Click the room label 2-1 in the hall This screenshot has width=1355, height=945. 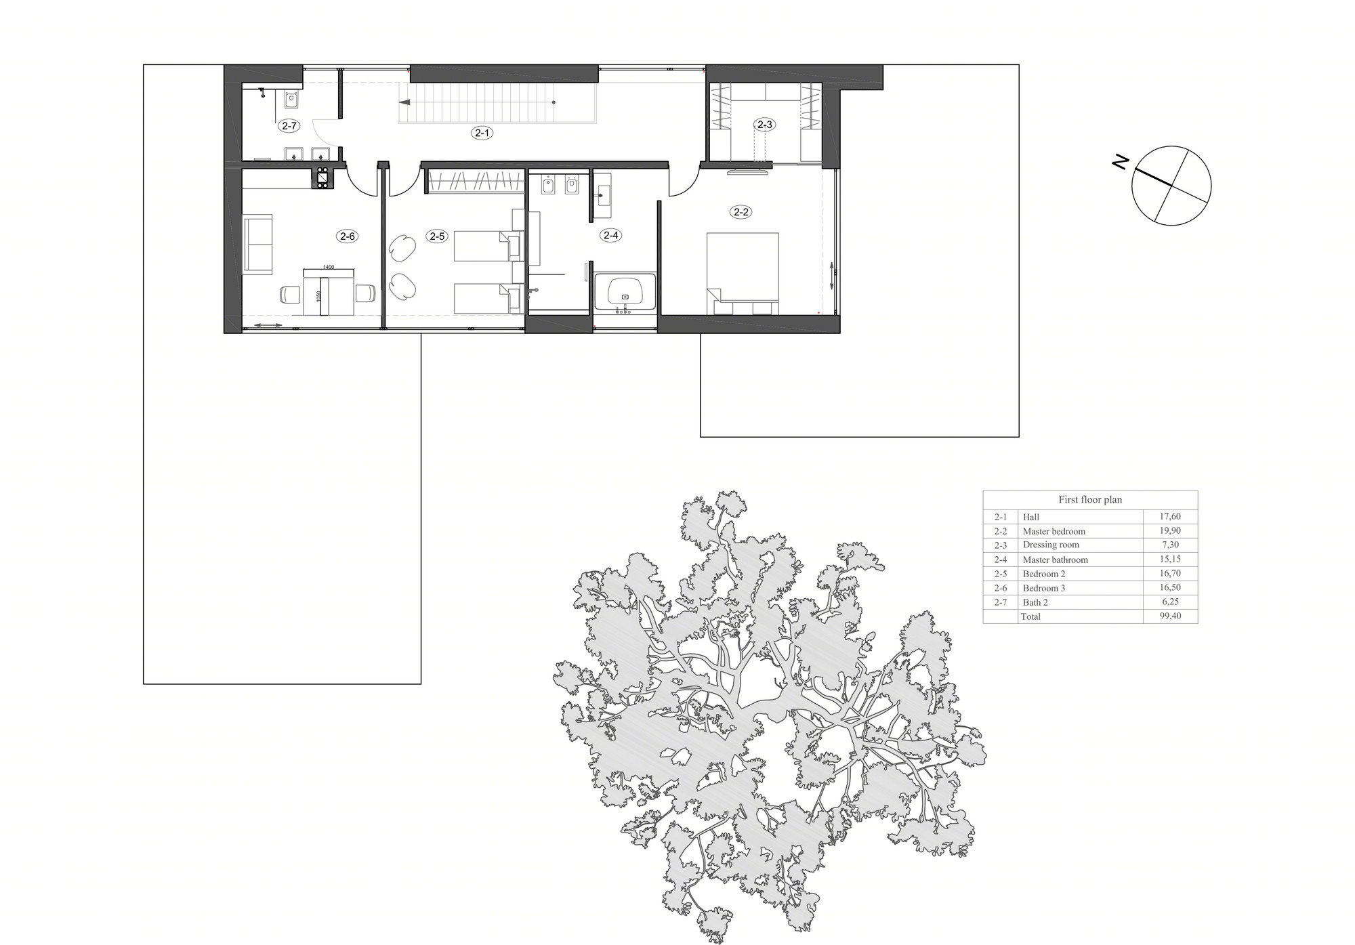[x=482, y=133]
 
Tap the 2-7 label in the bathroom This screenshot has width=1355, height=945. [x=289, y=125]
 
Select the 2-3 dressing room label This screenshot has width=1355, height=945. [x=764, y=125]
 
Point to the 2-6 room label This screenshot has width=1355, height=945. [x=348, y=236]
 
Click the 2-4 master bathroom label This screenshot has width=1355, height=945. [x=610, y=235]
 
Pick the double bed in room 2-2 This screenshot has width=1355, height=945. [x=743, y=274]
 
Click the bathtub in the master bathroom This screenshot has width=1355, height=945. [x=625, y=292]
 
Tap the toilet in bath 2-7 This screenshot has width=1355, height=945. [x=291, y=100]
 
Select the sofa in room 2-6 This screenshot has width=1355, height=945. [x=257, y=245]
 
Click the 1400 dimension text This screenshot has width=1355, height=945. [x=329, y=267]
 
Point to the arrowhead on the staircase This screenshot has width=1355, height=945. [x=404, y=102]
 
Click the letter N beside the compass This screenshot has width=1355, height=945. [x=1121, y=162]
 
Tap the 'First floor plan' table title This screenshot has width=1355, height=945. [x=1090, y=499]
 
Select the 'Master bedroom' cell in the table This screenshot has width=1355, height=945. [x=1054, y=531]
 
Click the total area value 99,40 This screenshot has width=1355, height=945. [x=1170, y=616]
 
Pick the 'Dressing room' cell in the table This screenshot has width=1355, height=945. [x=1051, y=545]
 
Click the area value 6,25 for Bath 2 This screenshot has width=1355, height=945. [x=1170, y=602]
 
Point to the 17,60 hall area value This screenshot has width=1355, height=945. [x=1170, y=516]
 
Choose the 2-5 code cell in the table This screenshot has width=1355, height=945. [x=1001, y=574]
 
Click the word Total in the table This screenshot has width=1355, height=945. [x=1030, y=616]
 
